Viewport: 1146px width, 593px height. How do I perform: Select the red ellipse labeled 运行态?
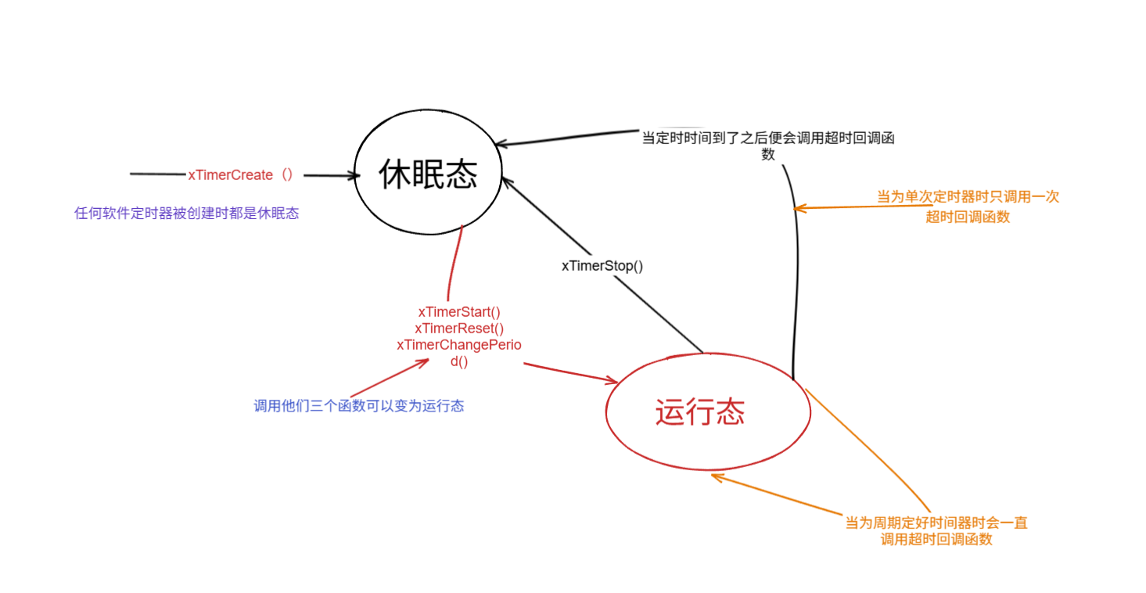pos(708,413)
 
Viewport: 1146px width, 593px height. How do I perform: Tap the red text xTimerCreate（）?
pos(240,174)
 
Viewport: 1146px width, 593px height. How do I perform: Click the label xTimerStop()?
pos(602,265)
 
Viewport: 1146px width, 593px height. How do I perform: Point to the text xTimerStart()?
pos(459,311)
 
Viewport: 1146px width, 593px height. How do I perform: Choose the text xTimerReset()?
pos(459,328)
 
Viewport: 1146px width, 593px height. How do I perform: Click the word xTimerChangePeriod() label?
pos(459,352)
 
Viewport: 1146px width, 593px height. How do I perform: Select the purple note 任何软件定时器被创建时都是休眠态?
pos(186,213)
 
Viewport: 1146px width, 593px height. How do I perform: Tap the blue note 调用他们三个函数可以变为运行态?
pos(359,406)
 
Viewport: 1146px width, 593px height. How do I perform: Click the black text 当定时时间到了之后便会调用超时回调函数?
pos(767,146)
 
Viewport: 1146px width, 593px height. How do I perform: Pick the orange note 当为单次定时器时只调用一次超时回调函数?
pos(968,207)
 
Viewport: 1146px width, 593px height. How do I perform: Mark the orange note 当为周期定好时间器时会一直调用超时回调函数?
pos(936,530)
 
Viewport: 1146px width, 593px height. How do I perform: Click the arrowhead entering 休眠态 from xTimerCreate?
pos(354,176)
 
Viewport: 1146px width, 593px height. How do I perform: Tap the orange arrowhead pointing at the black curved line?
pos(798,207)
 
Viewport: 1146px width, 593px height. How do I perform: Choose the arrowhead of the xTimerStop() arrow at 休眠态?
pos(505,181)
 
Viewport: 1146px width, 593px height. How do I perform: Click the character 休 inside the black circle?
pos(395,174)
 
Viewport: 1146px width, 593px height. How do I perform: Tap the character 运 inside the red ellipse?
pos(671,413)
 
